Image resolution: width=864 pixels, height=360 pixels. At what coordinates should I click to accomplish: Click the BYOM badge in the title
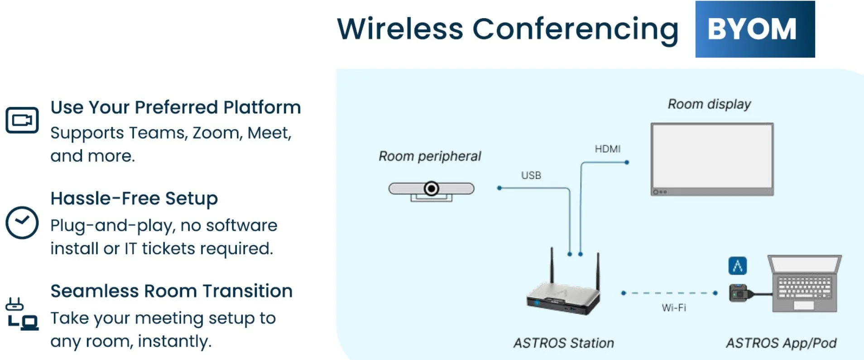754,29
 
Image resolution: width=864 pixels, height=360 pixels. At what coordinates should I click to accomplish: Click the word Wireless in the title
400,29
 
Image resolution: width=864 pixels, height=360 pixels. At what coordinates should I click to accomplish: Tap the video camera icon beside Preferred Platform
22,120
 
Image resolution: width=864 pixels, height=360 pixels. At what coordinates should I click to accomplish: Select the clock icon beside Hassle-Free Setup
22,222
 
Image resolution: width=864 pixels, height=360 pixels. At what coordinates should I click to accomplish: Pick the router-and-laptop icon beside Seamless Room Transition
22,314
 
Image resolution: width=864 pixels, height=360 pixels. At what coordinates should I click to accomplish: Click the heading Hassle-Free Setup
134,198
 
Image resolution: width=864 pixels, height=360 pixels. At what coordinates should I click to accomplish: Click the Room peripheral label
429,156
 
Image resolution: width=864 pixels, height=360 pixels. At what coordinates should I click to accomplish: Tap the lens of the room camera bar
432,188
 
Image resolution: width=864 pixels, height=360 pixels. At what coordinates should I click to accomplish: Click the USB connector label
531,175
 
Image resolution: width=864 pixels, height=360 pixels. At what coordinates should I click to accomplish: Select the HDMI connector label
607,149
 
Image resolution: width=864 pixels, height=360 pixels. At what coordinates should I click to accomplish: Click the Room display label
709,104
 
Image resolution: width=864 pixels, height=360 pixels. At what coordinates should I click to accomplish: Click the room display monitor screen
712,156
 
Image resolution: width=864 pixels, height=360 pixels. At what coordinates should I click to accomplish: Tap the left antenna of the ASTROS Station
552,267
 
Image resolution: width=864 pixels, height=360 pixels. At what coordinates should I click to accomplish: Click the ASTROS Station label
563,343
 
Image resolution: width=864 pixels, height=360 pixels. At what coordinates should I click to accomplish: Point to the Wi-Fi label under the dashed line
673,308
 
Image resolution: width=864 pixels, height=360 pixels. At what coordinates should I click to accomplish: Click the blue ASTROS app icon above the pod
737,266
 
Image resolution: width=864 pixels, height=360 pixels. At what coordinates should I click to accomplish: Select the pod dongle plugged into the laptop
739,293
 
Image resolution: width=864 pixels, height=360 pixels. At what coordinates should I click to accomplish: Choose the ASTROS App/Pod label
781,343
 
